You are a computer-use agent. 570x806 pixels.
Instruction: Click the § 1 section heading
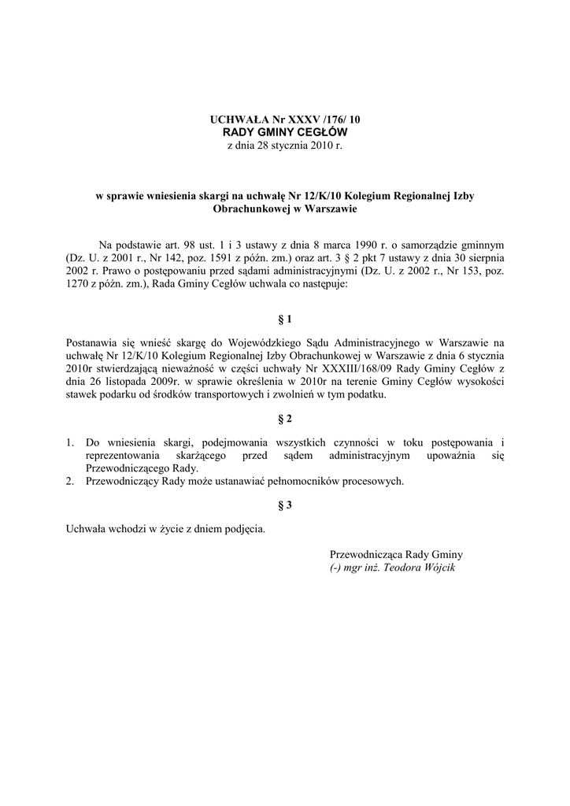[x=285, y=320]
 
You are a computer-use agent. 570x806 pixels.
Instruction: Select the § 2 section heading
[x=285, y=417]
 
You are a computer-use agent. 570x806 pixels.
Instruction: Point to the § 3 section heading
[x=285, y=506]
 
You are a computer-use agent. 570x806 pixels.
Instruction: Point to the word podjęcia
[x=243, y=529]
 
